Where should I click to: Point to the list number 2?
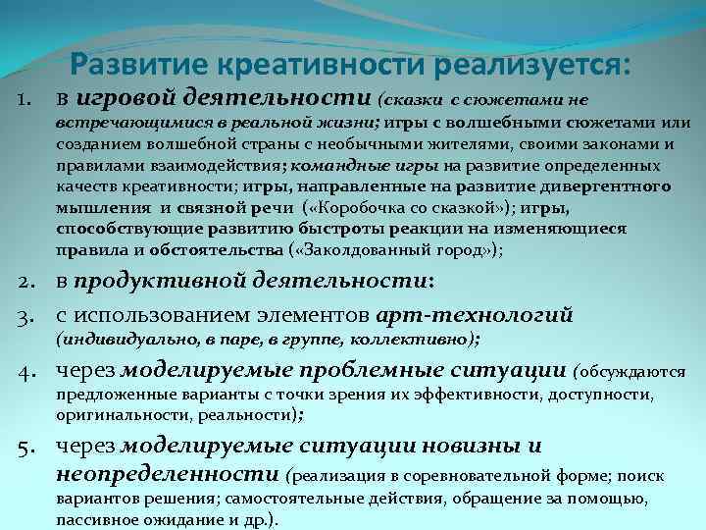[27, 285]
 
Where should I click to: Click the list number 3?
[27, 315]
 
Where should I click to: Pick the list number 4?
[27, 371]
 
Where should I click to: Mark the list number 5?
[27, 447]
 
